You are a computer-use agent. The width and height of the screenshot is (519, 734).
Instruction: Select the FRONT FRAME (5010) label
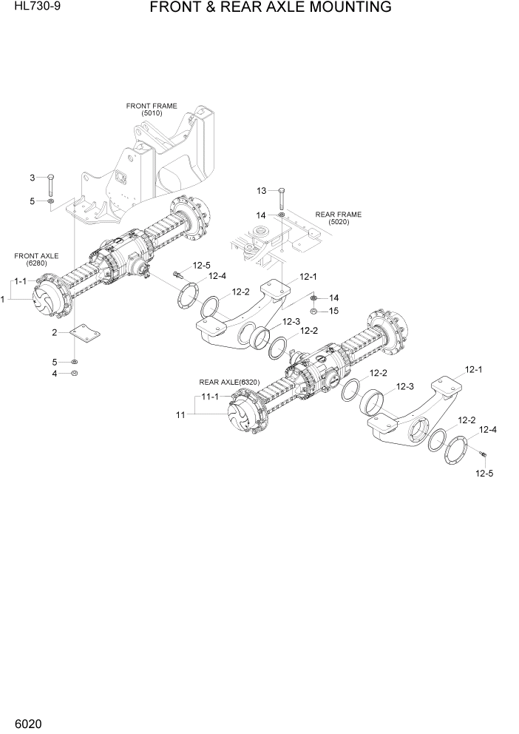click(151, 110)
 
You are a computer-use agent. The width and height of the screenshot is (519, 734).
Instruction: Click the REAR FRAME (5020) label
click(339, 218)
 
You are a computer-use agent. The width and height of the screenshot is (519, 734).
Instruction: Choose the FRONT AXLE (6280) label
click(36, 259)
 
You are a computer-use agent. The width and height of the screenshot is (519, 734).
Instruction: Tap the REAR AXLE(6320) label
click(228, 382)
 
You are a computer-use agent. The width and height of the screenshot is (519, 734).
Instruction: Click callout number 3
click(32, 177)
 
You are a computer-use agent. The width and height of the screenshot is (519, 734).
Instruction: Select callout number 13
click(261, 191)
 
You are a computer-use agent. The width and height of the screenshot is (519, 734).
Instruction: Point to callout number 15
click(333, 311)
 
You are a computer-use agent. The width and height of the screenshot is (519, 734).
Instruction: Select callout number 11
click(180, 415)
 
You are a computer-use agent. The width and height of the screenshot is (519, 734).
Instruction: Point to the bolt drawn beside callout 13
click(282, 197)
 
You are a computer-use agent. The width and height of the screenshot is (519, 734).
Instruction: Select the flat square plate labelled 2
click(83, 334)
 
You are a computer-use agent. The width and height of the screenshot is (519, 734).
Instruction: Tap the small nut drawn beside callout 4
click(74, 373)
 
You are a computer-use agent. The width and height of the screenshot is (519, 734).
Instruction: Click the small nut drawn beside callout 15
click(313, 311)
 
